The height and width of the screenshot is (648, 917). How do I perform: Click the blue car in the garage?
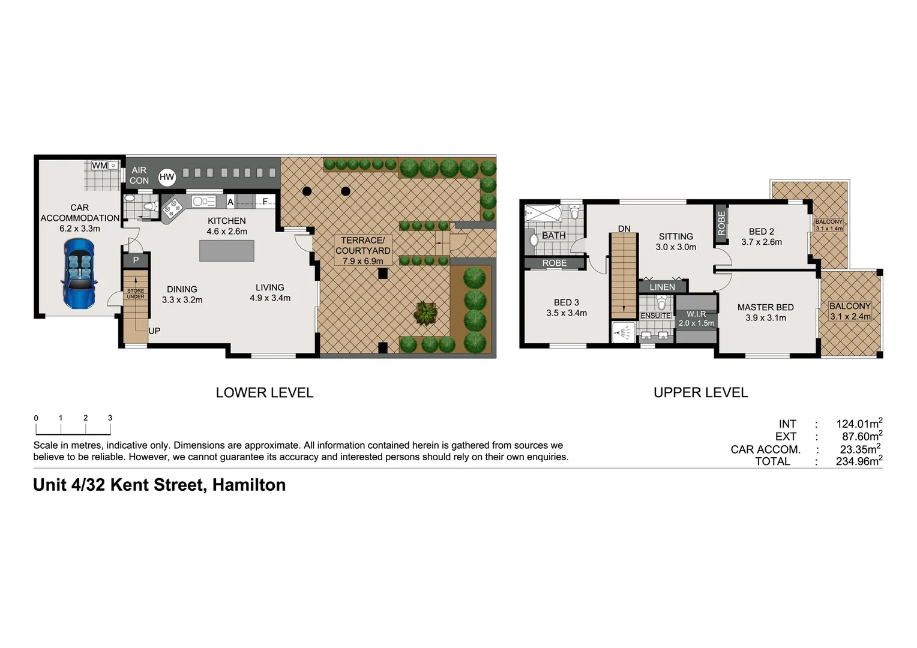point(79,273)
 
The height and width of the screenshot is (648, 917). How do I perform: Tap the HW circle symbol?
point(167,177)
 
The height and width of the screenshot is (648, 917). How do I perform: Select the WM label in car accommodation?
point(100,166)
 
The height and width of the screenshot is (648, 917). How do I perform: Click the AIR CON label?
point(139,175)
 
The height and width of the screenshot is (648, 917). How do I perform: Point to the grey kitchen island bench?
point(226,251)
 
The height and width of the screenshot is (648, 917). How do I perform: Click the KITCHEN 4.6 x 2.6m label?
point(227,226)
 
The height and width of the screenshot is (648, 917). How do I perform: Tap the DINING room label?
point(182,295)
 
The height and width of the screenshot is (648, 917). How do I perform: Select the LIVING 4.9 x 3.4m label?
point(270,293)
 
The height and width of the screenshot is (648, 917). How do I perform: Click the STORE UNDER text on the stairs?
point(136,293)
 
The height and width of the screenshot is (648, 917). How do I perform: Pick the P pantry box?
point(136,260)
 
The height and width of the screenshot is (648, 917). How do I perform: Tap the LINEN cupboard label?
point(662,287)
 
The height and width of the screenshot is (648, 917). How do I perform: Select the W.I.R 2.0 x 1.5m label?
point(696,319)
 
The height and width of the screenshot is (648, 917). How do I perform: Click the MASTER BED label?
point(765,313)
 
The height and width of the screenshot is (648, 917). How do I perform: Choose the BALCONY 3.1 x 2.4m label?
point(850,311)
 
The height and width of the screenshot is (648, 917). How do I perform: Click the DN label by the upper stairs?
point(624,229)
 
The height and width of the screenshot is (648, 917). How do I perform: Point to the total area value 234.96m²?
point(859,461)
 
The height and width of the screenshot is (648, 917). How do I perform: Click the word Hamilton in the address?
point(248,485)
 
